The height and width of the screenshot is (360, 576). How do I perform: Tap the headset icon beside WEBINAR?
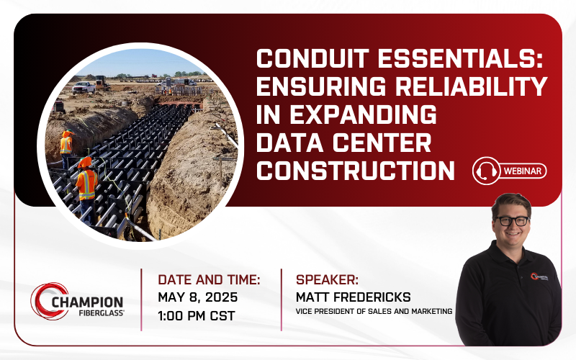[x=485, y=171]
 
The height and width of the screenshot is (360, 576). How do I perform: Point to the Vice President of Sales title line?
[x=374, y=312]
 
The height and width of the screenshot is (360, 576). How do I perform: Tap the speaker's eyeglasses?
[x=512, y=220]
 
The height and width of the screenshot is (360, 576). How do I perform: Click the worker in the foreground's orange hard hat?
[x=85, y=161]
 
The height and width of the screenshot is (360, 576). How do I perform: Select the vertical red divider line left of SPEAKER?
[x=282, y=299]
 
